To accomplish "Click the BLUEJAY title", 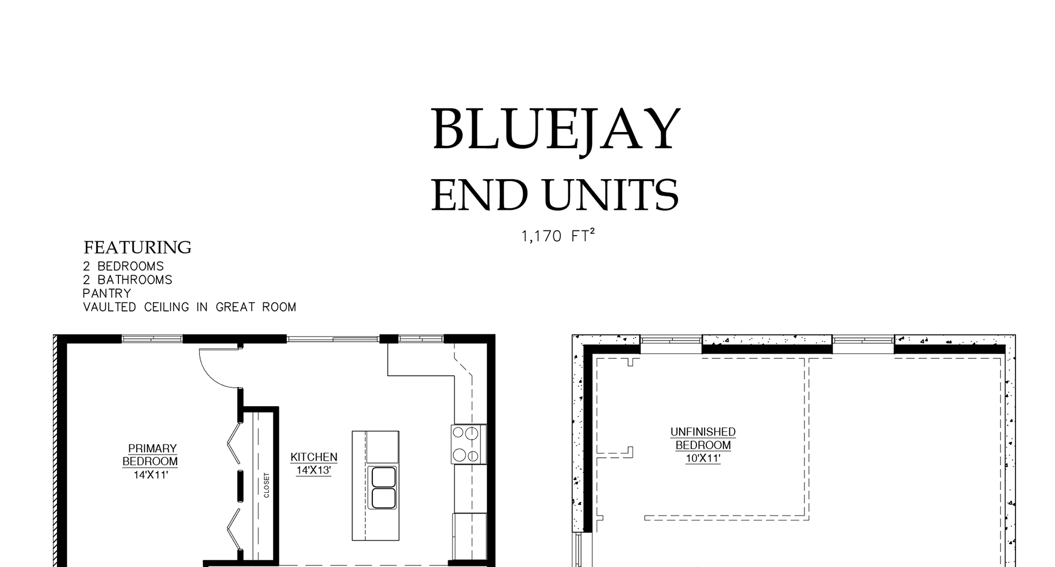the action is [556, 130].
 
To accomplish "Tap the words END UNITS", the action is [555, 195].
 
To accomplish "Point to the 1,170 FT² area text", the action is [557, 236].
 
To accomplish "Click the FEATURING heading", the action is [137, 247].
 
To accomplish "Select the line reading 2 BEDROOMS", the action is [124, 267].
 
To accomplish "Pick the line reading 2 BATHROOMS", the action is [128, 280].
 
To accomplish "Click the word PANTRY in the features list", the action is [107, 294].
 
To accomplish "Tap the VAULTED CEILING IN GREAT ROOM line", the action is [190, 307].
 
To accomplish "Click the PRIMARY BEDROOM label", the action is [151, 454].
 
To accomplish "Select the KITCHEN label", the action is [314, 457].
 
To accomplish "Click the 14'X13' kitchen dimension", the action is [314, 470].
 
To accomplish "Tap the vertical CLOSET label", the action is [267, 485].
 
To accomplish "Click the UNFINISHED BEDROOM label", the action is [703, 438].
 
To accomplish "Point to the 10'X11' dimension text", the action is [703, 458].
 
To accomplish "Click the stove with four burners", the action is [468, 444].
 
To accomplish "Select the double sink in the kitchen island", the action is [383, 488].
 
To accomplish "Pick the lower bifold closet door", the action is [234, 529].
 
